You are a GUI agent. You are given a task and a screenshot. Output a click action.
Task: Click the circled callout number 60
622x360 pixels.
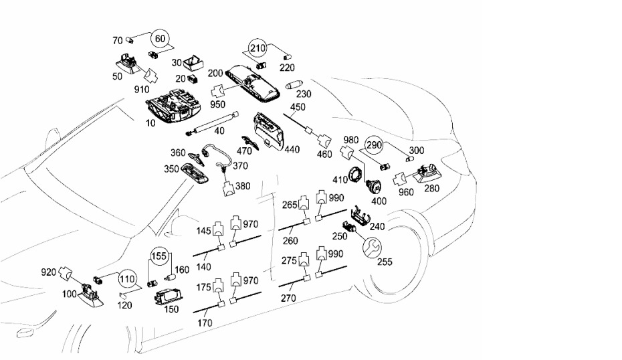(x=160, y=39)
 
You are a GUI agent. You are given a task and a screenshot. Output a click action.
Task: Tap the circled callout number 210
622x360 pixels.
(x=258, y=48)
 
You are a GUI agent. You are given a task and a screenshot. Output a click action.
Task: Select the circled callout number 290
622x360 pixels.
(x=374, y=145)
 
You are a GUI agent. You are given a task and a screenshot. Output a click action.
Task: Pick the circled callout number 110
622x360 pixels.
(x=127, y=279)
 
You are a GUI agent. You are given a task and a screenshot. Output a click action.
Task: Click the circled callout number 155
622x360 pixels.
(x=159, y=256)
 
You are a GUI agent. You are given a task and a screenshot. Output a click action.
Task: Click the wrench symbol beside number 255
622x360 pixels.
(x=372, y=248)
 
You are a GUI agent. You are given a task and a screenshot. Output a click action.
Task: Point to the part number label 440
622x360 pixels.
(x=292, y=150)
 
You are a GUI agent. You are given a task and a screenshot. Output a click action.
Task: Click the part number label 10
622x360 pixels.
(x=150, y=123)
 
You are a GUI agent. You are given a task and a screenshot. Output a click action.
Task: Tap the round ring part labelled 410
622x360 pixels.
(x=356, y=175)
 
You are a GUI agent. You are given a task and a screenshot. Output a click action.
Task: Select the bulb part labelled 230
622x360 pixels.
(x=295, y=85)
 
